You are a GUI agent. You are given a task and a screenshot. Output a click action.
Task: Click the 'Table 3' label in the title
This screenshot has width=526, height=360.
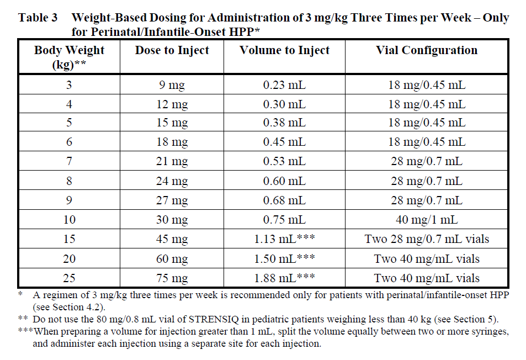pyautogui.click(x=38, y=18)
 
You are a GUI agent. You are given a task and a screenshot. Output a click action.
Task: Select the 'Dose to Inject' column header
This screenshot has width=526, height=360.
pyautogui.click(x=172, y=50)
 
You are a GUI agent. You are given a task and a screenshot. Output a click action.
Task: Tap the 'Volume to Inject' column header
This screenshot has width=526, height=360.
pyautogui.click(x=284, y=50)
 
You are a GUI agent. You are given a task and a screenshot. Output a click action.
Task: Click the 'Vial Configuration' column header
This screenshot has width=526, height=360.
pyautogui.click(x=427, y=50)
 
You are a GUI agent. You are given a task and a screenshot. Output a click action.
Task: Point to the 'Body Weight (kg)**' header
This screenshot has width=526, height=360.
pyautogui.click(x=69, y=57)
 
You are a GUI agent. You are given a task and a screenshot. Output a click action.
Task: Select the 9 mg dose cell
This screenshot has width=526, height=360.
pyautogui.click(x=172, y=86)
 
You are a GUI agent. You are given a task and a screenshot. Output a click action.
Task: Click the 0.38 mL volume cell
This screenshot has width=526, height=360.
pyautogui.click(x=284, y=123)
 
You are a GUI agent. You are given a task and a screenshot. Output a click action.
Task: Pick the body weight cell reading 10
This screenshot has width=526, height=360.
pyautogui.click(x=69, y=220)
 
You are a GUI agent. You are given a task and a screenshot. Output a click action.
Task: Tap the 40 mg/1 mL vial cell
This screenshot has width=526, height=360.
pyautogui.click(x=427, y=220)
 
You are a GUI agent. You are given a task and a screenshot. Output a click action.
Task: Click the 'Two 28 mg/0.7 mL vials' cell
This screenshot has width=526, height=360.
pyautogui.click(x=427, y=239)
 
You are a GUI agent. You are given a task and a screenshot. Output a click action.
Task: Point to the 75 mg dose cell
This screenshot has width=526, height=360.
pyautogui.click(x=172, y=278)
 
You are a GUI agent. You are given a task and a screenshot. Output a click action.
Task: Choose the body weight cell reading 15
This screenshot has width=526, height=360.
pyautogui.click(x=69, y=239)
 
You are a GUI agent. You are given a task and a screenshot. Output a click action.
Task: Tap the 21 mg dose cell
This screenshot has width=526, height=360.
pyautogui.click(x=172, y=162)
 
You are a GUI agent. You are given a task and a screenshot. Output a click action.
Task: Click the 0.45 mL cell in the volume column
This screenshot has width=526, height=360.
pyautogui.click(x=284, y=142)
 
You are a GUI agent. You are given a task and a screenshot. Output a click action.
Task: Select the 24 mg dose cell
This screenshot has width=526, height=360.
pyautogui.click(x=172, y=181)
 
